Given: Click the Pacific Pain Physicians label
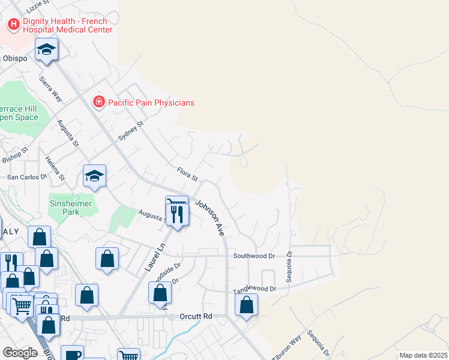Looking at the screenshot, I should click(151, 103).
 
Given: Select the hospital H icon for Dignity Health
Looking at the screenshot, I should click(13, 25).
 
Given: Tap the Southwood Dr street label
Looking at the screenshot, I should click(254, 256).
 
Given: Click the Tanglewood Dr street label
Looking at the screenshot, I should click(255, 289).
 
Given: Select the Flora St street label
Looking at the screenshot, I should click(187, 174).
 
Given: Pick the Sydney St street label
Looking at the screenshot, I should click(131, 130).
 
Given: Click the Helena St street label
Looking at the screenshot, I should click(55, 169).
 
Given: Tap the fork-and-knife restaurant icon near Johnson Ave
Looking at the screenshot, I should click(178, 214).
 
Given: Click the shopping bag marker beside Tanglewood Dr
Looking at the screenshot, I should click(246, 304).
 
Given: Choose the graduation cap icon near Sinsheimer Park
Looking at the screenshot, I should click(94, 175).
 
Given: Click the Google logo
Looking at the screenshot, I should click(20, 353).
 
